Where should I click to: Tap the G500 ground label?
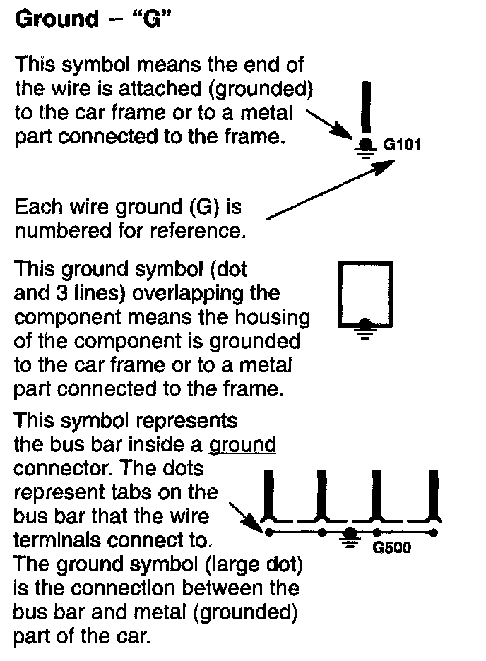click(390, 547)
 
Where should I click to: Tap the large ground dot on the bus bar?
click(350, 532)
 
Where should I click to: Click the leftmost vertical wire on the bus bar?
click(268, 494)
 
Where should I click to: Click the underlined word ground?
click(242, 446)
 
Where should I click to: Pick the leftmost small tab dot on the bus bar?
click(267, 532)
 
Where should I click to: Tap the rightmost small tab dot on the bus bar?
click(432, 532)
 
